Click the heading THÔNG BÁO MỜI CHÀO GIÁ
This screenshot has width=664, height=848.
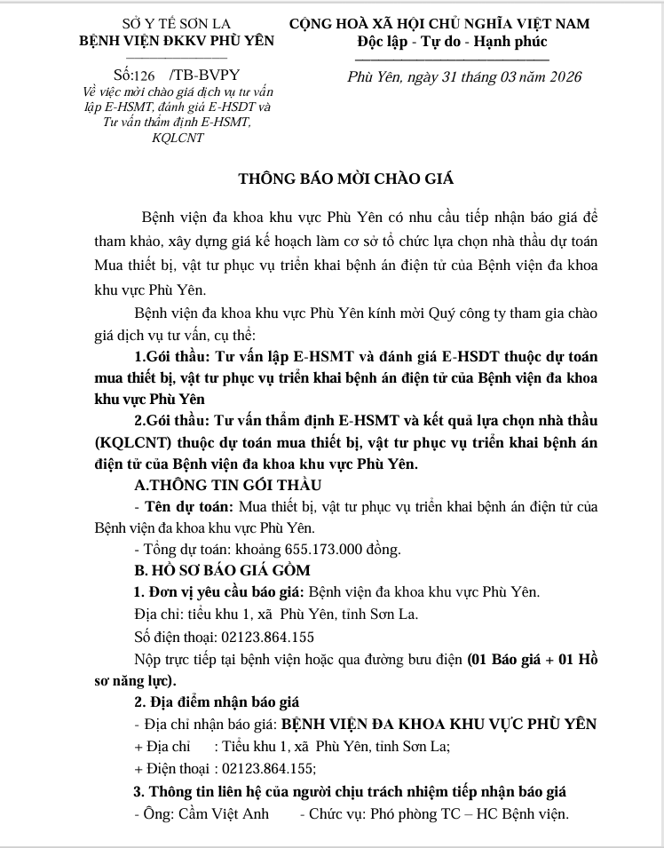coord(346,178)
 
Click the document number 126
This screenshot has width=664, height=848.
coord(142,75)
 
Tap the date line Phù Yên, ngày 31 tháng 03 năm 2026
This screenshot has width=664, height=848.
coord(464,76)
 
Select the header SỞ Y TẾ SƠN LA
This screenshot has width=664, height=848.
coord(177,24)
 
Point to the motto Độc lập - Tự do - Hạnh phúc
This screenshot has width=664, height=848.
coord(453,41)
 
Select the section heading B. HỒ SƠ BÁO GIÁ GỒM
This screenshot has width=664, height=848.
coord(222,570)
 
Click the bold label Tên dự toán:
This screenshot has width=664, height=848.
coord(186,506)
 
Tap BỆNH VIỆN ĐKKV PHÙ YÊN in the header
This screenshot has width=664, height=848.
coord(177,41)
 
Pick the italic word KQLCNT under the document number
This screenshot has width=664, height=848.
coord(178,138)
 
